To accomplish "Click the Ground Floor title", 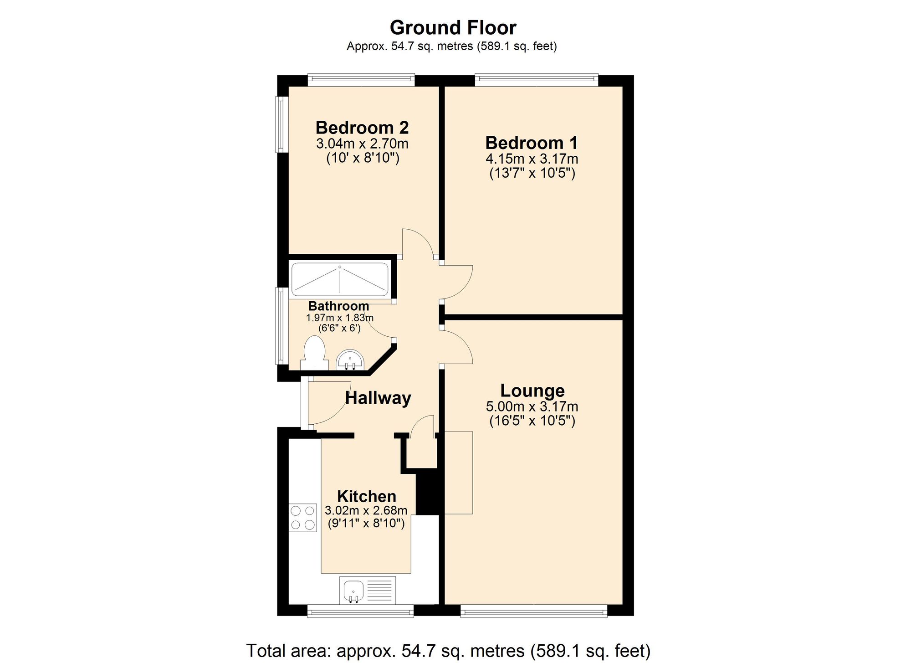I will (x=453, y=27).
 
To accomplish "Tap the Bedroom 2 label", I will (x=362, y=127).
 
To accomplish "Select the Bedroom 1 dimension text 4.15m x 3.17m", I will (x=532, y=159).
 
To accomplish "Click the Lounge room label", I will (x=532, y=391).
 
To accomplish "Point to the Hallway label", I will (x=378, y=398).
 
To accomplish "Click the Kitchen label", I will (x=366, y=496).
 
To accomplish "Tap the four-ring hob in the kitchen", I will (x=303, y=517).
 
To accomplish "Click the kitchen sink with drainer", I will (x=367, y=590).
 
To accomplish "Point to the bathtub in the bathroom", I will (x=340, y=279).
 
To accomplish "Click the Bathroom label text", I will (x=338, y=306).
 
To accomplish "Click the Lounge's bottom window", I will (x=533, y=611).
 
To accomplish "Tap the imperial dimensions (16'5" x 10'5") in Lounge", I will (x=532, y=420).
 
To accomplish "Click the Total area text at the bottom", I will (x=448, y=651).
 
